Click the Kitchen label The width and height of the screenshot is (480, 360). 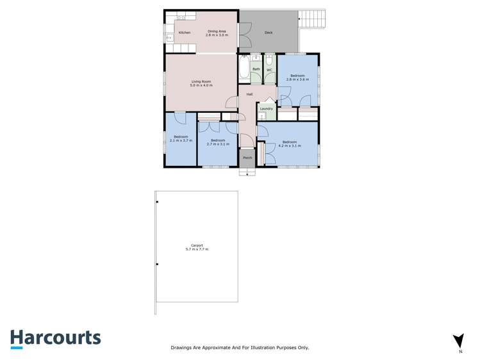coord(185,33)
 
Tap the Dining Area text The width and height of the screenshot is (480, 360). coord(216,31)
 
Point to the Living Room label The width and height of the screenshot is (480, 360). coord(201,81)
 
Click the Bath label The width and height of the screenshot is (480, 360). coord(256,69)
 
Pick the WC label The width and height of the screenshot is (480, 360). coord(269,69)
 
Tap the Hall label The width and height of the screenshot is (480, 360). coord(249,95)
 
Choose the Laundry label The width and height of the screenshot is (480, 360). coord(267,109)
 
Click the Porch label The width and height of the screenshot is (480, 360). coord(247,158)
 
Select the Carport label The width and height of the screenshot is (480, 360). coord(197,245)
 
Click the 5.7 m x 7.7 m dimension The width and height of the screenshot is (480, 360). coord(197,249)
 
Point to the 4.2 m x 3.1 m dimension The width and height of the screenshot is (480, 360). coord(289,146)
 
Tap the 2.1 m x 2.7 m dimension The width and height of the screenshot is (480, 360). coord(181,140)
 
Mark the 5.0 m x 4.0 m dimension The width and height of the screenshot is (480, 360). coord(201,85)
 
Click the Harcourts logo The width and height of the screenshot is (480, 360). coord(55,338)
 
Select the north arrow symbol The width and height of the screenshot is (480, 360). coord(458,341)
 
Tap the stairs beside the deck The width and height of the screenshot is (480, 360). coord(312,19)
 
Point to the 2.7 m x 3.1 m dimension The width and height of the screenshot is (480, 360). coord(217,144)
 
